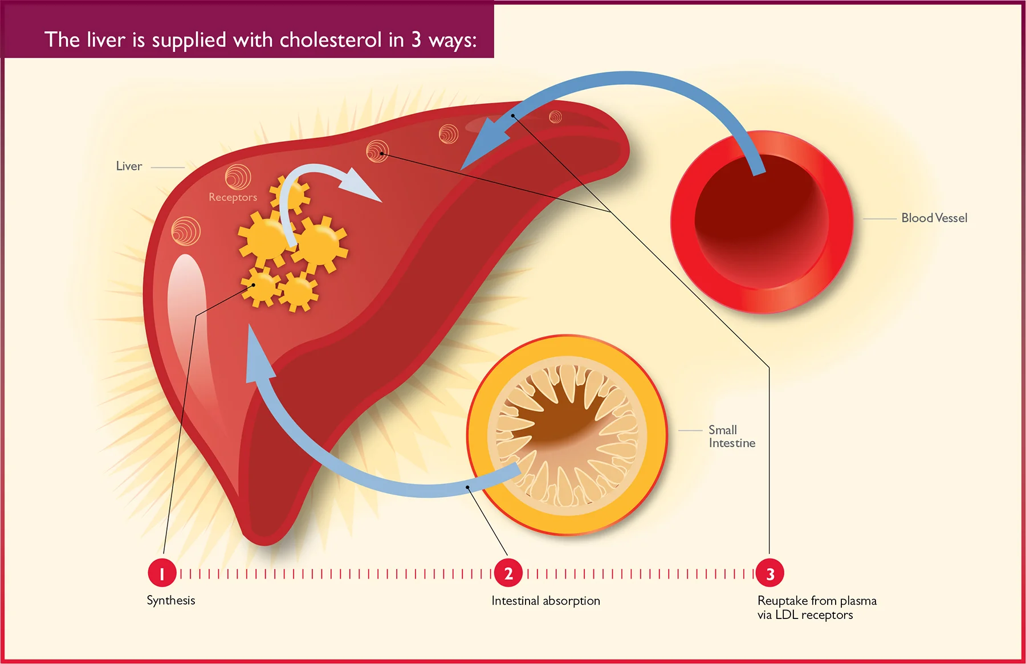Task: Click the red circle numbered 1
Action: click(x=162, y=573)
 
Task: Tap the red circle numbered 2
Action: click(x=508, y=573)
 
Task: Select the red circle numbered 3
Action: click(x=770, y=573)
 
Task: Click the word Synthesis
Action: click(x=171, y=601)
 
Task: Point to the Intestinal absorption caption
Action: click(x=545, y=601)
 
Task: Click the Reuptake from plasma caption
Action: click(x=817, y=608)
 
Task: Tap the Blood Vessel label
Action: click(x=934, y=218)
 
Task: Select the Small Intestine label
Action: click(x=732, y=437)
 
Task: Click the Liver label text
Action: click(x=129, y=166)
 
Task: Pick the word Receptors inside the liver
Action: click(x=233, y=197)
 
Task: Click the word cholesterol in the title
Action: click(x=331, y=40)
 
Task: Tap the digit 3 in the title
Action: click(x=417, y=40)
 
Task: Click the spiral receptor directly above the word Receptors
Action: click(x=238, y=177)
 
